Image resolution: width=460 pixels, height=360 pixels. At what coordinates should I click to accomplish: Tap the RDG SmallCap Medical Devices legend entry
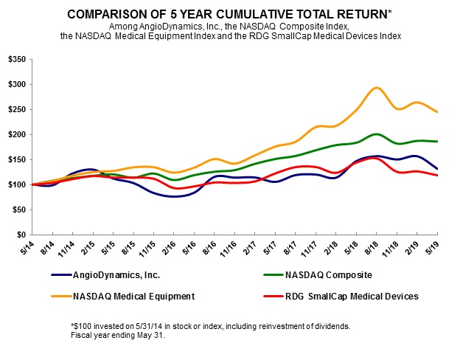coord(340,297)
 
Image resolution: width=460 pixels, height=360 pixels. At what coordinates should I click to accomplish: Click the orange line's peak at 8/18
coord(377,88)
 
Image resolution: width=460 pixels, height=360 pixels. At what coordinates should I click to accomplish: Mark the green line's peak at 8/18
coord(377,134)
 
